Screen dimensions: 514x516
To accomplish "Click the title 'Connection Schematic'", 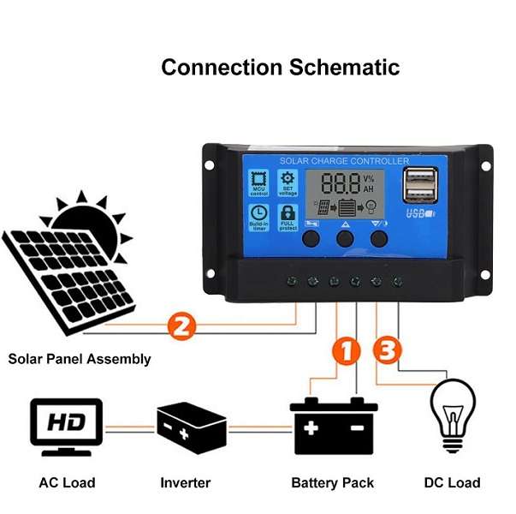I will pos(280,67).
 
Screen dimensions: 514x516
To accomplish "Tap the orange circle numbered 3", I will pos(388,350).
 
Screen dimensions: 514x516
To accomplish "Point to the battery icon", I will pos(334,425).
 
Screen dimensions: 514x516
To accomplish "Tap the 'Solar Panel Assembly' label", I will pos(80,359).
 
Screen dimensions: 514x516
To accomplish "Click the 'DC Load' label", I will pos(452,483).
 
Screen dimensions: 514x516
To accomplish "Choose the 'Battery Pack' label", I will pos(333,483).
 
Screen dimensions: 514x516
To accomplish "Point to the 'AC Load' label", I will pos(67,483).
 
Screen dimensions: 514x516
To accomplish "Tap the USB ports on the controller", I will pos(419,184).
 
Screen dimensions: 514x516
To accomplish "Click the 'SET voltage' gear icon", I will pos(288,179).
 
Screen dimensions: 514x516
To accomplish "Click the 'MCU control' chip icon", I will pos(258,179).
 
